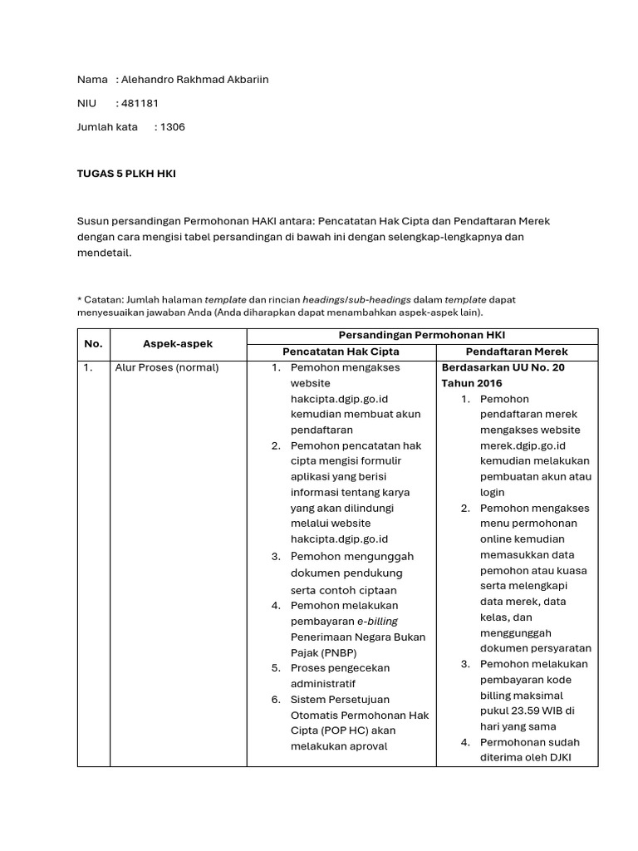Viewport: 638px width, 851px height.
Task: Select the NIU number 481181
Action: pyautogui.click(x=141, y=103)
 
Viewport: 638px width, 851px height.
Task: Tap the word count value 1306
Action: pyautogui.click(x=172, y=127)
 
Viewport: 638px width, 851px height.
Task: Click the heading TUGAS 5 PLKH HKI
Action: pyautogui.click(x=126, y=174)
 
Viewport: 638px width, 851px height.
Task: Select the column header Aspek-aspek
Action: pyautogui.click(x=177, y=343)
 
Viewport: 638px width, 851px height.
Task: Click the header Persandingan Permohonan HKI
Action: pyautogui.click(x=422, y=334)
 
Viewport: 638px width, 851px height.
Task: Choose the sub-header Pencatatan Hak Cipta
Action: pyautogui.click(x=341, y=352)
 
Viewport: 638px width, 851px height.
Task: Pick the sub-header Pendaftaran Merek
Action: pyautogui.click(x=517, y=352)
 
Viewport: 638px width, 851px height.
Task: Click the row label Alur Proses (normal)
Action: pyautogui.click(x=166, y=367)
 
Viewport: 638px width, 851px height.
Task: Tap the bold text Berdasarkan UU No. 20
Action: pyautogui.click(x=503, y=367)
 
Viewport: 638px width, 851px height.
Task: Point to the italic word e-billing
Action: pyautogui.click(x=378, y=621)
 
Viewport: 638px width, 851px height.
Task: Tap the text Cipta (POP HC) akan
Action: pyautogui.click(x=343, y=730)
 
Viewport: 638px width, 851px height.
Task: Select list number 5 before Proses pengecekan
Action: pyautogui.click(x=275, y=668)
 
